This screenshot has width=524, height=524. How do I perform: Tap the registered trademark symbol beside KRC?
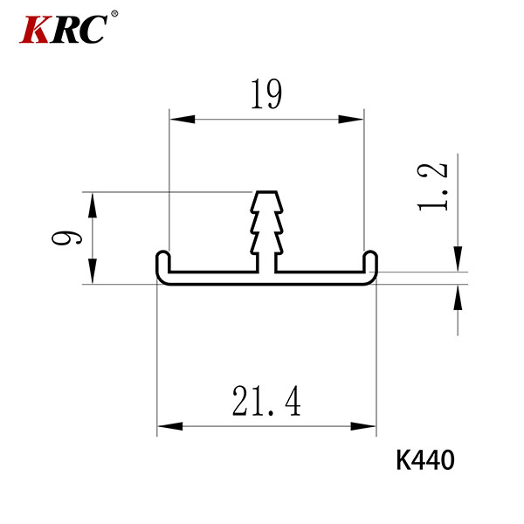[114, 14]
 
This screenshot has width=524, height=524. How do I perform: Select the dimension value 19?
[266, 94]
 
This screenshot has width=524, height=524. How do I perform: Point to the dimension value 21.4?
[266, 401]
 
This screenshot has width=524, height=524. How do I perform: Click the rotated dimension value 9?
[66, 238]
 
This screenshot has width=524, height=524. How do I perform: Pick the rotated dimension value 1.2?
[432, 187]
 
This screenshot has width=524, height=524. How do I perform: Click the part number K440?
[425, 460]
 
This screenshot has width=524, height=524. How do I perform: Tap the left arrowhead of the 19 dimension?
[183, 119]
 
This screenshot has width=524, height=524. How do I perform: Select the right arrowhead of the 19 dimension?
[350, 119]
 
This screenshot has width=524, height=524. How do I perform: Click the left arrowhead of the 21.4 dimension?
[170, 426]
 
